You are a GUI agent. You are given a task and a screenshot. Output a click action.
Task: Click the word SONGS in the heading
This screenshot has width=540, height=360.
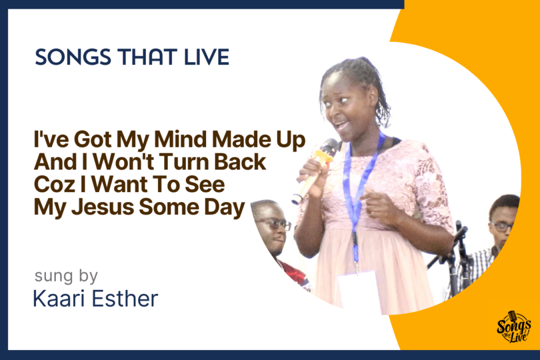point(73,57)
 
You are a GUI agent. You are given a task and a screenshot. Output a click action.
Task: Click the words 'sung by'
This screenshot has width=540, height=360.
point(66,276)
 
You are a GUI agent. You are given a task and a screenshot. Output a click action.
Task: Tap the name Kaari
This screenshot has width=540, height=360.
point(59,298)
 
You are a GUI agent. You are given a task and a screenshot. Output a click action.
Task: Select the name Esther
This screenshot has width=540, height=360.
point(125,298)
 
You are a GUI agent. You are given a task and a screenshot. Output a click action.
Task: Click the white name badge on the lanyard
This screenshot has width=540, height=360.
point(357,289)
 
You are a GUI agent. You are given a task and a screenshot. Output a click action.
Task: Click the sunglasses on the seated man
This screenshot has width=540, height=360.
point(273,224)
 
